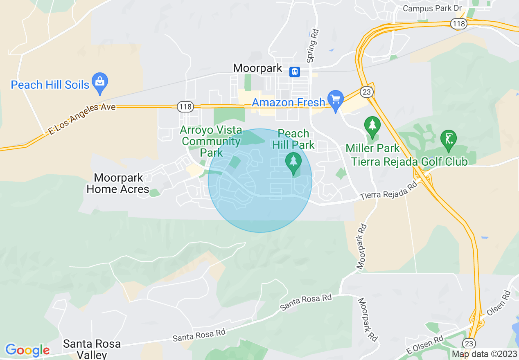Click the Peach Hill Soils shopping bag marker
[99, 80]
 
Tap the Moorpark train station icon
[294, 72]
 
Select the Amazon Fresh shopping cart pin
[336, 99]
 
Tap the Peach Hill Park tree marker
[293, 162]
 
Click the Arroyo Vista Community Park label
[211, 142]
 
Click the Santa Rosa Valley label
[92, 349]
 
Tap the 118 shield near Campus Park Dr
[459, 24]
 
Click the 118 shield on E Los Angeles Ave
[185, 107]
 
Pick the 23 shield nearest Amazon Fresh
[366, 92]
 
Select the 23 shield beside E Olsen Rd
[469, 342]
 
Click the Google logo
[27, 350]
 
